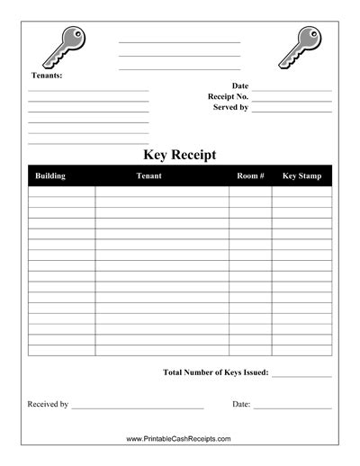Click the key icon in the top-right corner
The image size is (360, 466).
click(298, 46)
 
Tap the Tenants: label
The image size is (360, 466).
click(47, 76)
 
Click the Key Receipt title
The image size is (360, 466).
click(180, 154)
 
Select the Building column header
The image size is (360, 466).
click(50, 176)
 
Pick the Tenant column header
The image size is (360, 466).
click(148, 176)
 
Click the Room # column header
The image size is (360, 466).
click(250, 176)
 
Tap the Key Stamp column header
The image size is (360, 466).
click(301, 176)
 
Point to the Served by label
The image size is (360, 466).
click(230, 107)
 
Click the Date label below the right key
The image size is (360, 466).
click(240, 85)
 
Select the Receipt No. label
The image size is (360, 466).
click(228, 96)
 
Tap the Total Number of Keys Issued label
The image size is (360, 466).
click(216, 372)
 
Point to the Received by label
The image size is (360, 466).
click(49, 405)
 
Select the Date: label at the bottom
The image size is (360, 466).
click(241, 405)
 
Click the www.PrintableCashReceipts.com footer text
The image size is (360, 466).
click(179, 439)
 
